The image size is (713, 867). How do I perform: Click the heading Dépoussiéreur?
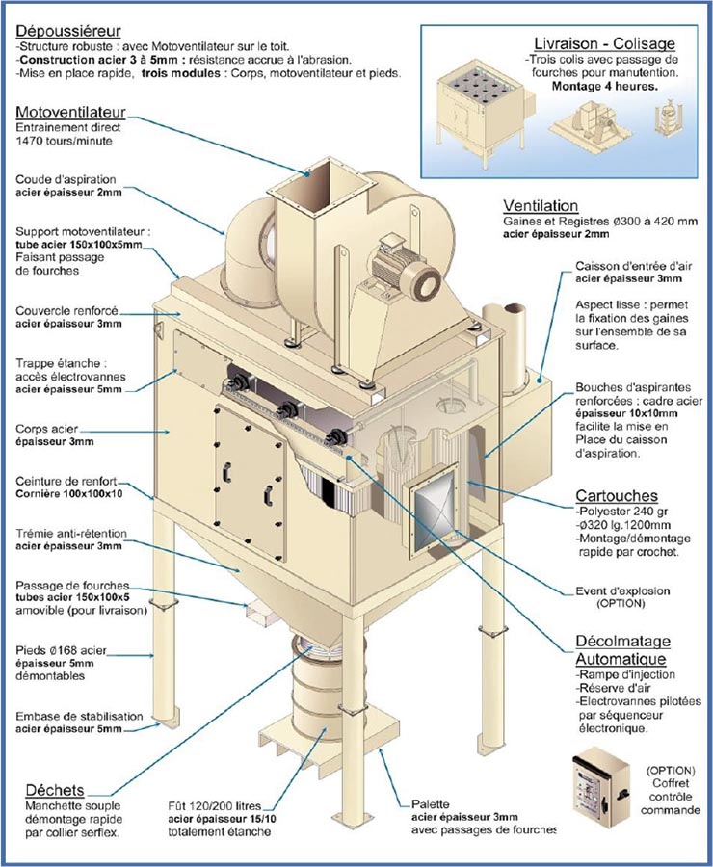click(65, 31)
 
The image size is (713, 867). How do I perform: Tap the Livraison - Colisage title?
click(604, 43)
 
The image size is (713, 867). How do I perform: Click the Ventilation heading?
click(541, 206)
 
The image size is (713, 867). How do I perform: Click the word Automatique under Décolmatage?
click(616, 660)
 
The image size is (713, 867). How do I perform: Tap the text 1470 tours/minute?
click(64, 141)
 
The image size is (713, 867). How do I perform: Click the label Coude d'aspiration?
click(66, 180)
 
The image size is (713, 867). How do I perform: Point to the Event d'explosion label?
click(626, 591)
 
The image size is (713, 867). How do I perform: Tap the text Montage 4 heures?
click(604, 86)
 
